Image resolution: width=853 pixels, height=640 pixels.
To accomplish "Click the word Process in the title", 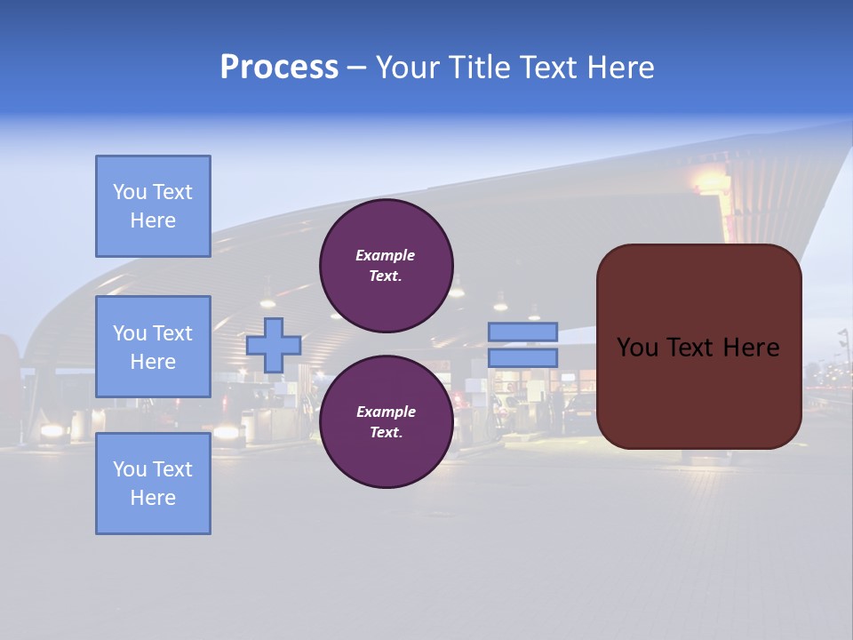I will (279, 68).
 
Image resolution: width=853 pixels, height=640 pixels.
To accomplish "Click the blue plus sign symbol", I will (274, 345).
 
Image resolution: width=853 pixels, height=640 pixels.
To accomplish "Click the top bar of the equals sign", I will (522, 332).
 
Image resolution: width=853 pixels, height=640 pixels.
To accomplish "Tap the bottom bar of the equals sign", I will (522, 357).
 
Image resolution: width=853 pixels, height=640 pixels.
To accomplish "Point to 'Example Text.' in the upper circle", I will (386, 266).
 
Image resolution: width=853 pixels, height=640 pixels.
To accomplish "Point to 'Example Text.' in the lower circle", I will (386, 422).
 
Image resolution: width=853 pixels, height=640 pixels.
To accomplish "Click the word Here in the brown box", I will (751, 348).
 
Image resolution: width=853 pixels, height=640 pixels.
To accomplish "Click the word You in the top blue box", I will (129, 192).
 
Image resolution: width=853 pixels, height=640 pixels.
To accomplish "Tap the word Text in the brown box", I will (689, 348).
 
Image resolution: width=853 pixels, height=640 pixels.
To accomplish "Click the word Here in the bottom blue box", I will (153, 498).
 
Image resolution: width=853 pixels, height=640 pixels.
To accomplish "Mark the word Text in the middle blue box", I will (171, 333).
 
